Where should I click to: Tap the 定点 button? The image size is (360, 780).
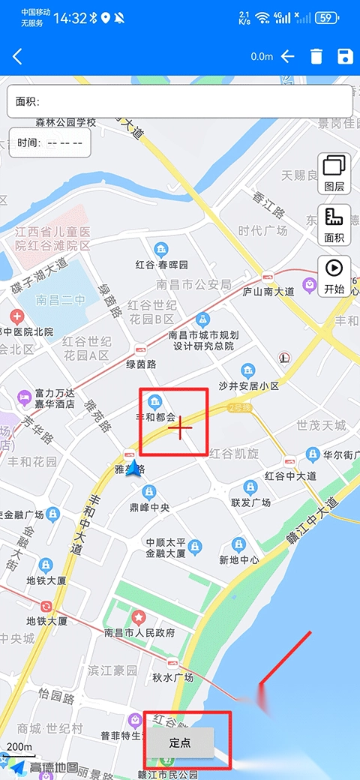[x=180, y=743]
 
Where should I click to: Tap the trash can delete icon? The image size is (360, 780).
[x=316, y=57]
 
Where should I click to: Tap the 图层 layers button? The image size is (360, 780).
[x=334, y=172]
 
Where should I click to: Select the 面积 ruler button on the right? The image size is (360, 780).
[x=334, y=224]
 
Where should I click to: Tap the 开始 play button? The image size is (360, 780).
[x=334, y=275]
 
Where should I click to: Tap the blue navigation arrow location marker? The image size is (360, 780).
[x=134, y=470]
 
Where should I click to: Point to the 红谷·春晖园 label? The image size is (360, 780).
[x=161, y=265]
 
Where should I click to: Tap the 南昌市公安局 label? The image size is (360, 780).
[x=193, y=284]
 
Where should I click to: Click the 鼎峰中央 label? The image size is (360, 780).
[x=150, y=507]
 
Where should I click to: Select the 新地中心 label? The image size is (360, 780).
[x=239, y=559]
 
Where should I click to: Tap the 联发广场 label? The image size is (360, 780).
[x=250, y=502]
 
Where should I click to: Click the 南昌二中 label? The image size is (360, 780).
[x=58, y=300]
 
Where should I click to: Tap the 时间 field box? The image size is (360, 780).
[x=50, y=142]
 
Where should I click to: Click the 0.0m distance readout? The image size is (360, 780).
[x=262, y=57]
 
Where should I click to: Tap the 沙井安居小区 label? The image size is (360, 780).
[x=248, y=385]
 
